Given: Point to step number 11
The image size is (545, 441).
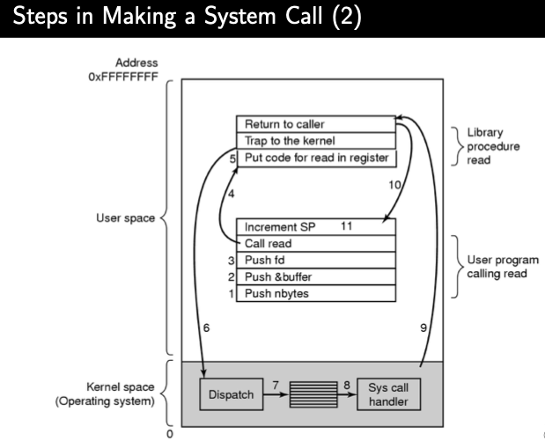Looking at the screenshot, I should point(346,226).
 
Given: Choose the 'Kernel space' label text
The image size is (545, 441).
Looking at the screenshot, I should point(124,386).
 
